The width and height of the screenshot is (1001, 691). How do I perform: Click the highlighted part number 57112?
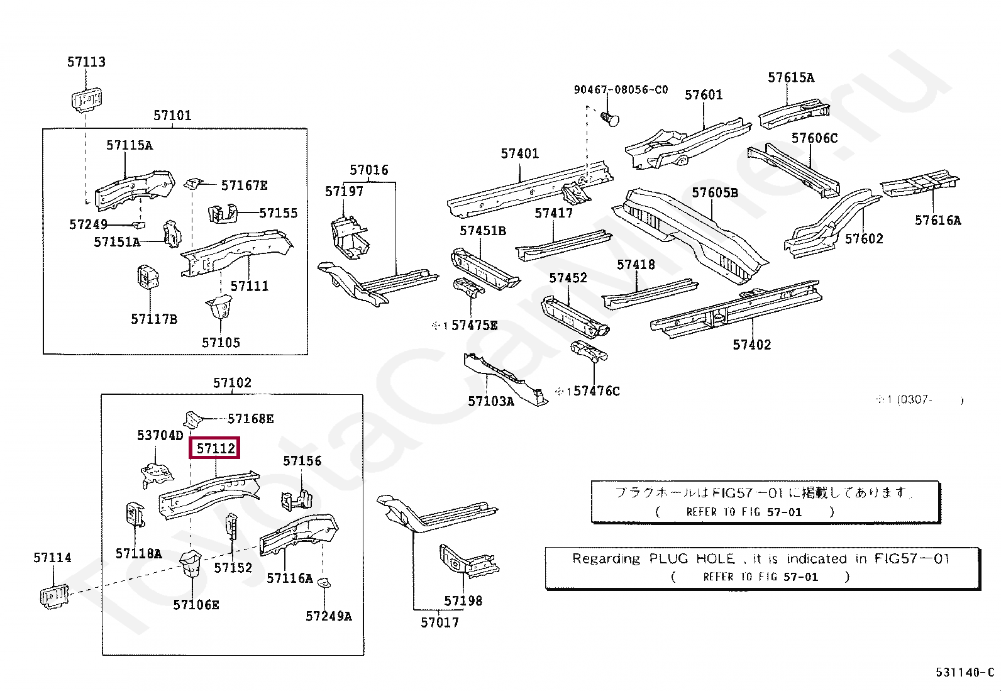click(216, 448)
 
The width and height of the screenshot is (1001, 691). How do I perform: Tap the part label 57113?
click(86, 62)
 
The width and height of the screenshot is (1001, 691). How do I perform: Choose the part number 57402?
click(751, 345)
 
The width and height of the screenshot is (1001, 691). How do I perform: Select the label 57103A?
click(490, 401)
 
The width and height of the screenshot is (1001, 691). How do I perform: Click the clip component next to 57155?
click(223, 213)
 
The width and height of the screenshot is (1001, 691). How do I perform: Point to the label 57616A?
click(937, 220)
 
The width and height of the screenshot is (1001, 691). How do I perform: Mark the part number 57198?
click(463, 600)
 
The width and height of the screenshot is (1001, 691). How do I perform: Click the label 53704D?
click(160, 435)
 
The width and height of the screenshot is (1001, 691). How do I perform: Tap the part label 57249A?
click(328, 616)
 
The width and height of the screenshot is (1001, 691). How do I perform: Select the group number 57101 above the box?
click(172, 115)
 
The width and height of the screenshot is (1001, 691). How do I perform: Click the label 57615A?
click(790, 77)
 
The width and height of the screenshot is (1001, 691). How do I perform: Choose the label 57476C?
click(597, 391)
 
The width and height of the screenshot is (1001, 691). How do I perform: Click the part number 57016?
click(369, 170)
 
